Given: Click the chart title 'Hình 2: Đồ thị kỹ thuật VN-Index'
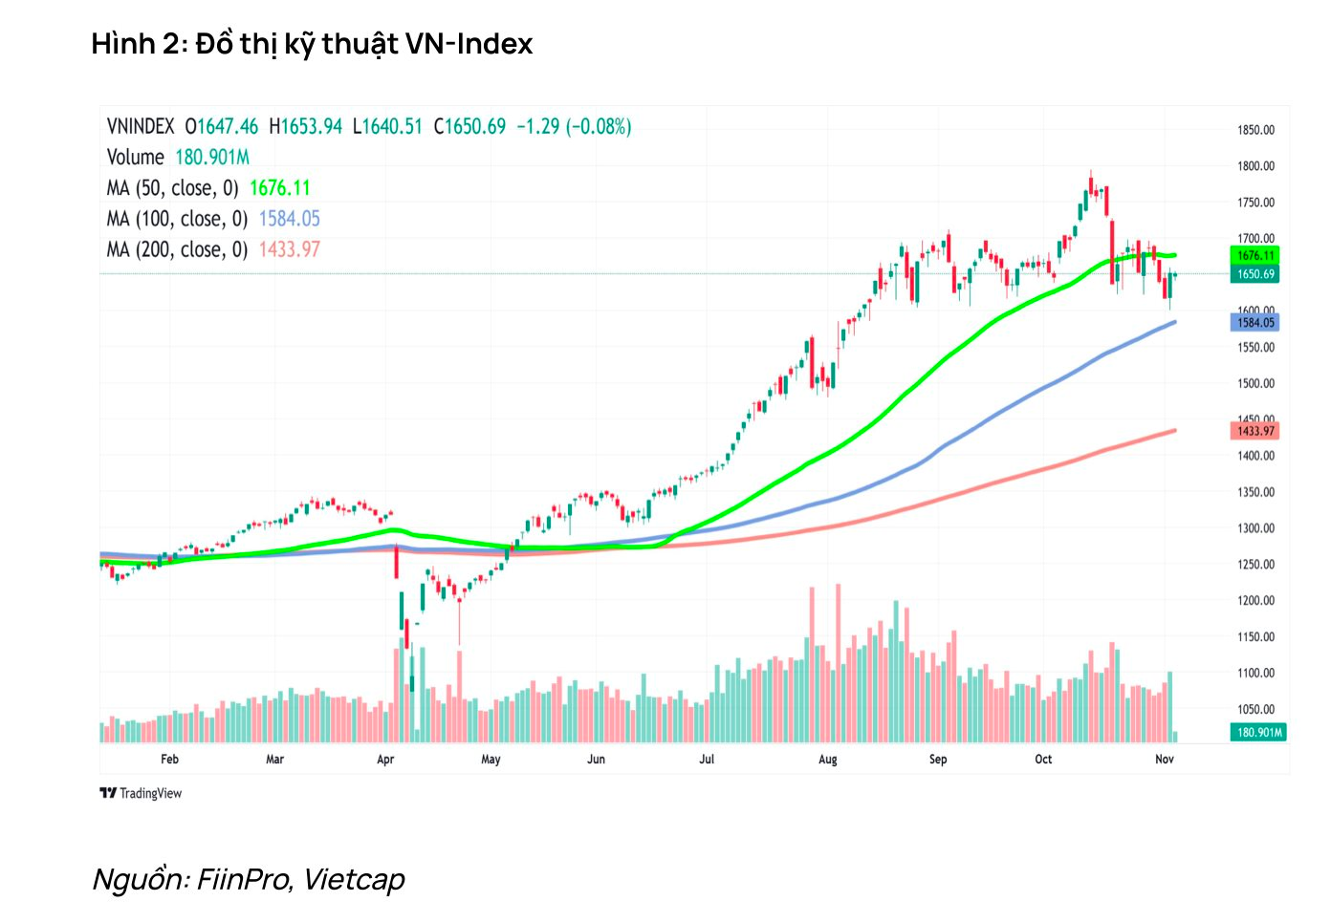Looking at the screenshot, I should (x=312, y=44).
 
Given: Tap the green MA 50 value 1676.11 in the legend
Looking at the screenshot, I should (x=279, y=188).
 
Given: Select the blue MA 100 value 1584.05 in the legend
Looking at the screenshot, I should (x=289, y=219).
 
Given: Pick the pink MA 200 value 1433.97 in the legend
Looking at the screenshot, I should (x=289, y=249).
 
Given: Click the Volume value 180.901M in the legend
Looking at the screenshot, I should (x=211, y=158).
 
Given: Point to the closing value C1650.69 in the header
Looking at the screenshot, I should (x=469, y=127).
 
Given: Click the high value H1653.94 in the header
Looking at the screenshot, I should (x=305, y=127).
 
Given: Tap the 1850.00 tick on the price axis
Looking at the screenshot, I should (x=1255, y=130).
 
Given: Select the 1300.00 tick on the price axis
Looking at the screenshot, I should (x=1255, y=528).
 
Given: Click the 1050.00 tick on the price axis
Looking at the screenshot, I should (x=1255, y=709).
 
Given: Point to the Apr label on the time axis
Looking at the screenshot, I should (x=385, y=760).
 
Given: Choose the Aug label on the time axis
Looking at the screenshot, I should (x=828, y=760).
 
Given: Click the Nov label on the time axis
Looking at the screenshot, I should (x=1164, y=760).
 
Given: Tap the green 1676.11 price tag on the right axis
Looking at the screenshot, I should (x=1255, y=255).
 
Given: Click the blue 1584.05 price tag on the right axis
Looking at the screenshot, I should (x=1255, y=323).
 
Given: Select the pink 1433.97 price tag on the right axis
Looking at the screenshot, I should (x=1255, y=431).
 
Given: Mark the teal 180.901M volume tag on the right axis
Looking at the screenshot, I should (x=1258, y=733).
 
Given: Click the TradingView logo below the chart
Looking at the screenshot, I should (x=141, y=793).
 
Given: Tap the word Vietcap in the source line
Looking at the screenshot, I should (x=354, y=879).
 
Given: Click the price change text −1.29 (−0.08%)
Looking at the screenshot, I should (x=574, y=127).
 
